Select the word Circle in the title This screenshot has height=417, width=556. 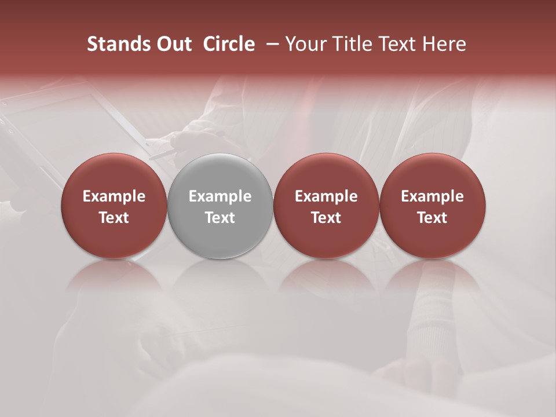coord(229,44)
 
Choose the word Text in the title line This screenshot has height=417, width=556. coord(394,44)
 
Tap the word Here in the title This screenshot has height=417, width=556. coord(443,44)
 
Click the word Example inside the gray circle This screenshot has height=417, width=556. coord(220,196)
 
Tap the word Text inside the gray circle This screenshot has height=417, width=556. coord(220,218)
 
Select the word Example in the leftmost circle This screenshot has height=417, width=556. coord(114,196)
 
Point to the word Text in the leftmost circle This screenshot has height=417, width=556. coord(114,218)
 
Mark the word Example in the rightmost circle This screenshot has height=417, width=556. coord(432,196)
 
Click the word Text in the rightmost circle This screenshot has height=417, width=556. coord(432,218)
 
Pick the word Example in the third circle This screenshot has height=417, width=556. coord(326,196)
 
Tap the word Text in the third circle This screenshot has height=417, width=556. coord(326,218)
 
